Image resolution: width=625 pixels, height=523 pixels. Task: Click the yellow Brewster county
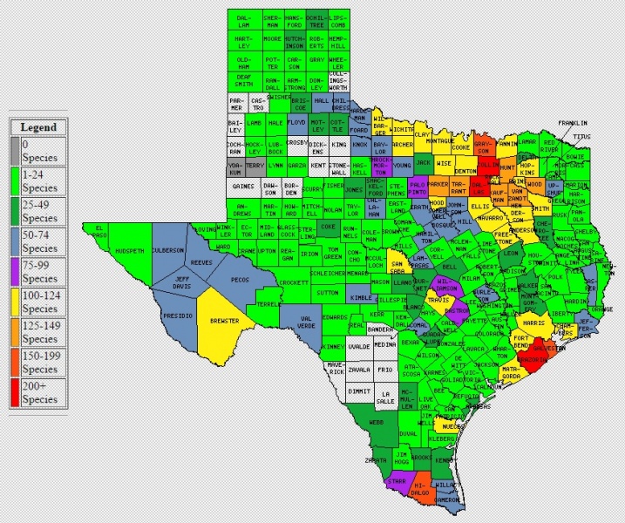pos(224,321)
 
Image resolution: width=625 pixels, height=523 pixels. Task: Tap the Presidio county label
pos(180,315)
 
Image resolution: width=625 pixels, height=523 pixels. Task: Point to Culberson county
pos(168,250)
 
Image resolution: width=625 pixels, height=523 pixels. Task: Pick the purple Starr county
pos(397,480)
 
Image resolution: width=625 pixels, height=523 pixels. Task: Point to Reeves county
pos(201,261)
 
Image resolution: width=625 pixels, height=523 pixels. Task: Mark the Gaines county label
pos(244,187)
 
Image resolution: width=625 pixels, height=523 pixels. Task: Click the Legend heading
pos(38,127)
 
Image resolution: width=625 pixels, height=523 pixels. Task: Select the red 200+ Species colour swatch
pos(15,394)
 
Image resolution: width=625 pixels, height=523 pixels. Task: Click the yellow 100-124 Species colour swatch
pos(15,303)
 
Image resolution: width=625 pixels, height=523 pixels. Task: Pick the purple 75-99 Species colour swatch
pos(15,273)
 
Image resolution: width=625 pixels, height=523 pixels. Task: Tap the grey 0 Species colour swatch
pos(15,150)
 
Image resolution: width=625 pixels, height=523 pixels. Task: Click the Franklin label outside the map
pos(574,124)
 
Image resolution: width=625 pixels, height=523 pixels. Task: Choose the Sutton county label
pos(328,293)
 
